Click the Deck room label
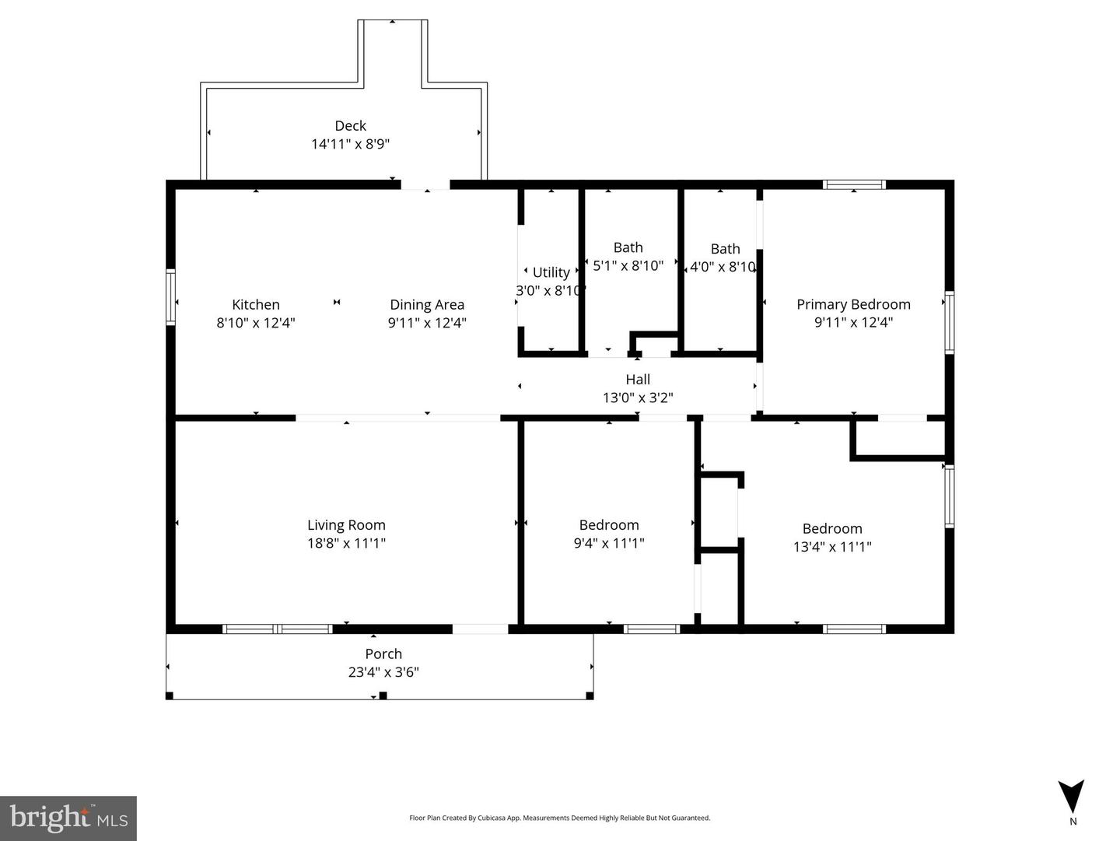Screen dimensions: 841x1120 click(350, 125)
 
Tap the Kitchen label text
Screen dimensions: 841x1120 click(255, 304)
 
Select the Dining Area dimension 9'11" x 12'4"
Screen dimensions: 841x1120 click(427, 323)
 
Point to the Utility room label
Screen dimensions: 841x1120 click(551, 272)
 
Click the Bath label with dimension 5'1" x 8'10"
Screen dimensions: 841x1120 click(628, 247)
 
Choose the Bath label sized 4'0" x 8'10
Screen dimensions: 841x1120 click(725, 249)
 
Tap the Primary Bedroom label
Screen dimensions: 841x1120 click(853, 304)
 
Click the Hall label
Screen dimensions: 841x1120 click(638, 380)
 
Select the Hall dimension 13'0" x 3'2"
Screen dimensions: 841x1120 click(638, 398)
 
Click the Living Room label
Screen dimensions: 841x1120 click(346, 525)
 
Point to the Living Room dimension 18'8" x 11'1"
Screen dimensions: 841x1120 click(346, 543)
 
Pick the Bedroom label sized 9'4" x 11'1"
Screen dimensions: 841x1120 click(609, 525)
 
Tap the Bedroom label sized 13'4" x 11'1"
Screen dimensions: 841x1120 click(832, 529)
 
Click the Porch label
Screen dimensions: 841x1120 click(383, 654)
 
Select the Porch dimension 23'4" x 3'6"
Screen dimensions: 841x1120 click(383, 672)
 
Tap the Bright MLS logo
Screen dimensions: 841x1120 click(68, 818)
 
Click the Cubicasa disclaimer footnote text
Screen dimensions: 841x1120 click(559, 818)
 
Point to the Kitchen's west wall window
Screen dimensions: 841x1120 click(170, 296)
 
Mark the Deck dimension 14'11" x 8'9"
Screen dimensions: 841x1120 click(350, 144)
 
